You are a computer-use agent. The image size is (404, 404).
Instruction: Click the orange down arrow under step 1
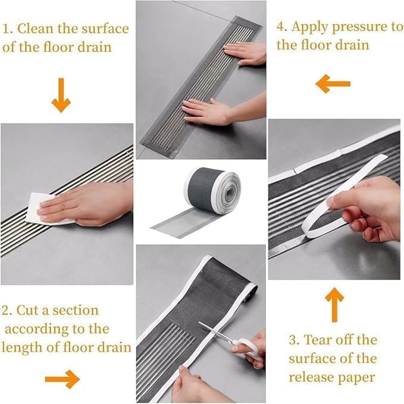(61, 95)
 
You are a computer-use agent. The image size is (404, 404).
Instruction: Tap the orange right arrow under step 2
(62, 379)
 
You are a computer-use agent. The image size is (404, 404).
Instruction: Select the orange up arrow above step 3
(334, 305)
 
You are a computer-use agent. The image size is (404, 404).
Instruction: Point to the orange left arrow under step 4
(333, 84)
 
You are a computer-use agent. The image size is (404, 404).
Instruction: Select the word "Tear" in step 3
(318, 340)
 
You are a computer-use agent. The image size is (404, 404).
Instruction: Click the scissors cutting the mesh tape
(232, 340)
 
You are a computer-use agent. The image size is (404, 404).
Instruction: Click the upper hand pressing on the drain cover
(245, 53)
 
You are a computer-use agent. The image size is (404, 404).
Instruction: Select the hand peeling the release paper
(364, 209)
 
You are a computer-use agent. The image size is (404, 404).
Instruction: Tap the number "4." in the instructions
(283, 27)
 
